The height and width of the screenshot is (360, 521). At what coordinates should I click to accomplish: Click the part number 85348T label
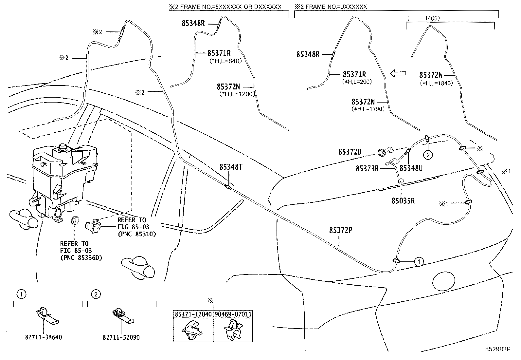coord(231,167)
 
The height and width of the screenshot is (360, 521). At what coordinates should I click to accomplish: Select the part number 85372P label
coord(341,230)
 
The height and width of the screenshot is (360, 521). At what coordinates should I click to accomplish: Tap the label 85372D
coord(350,152)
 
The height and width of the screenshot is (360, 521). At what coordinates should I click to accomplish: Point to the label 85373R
coord(367,169)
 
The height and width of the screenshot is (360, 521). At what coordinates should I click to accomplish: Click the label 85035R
coord(403,201)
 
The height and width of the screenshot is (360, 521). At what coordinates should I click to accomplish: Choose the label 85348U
coord(411,168)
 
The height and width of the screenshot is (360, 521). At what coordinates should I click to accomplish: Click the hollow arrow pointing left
coord(398,74)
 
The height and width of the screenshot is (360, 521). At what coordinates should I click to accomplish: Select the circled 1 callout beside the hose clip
coord(418,261)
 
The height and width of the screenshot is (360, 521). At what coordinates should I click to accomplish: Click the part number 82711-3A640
coord(43,337)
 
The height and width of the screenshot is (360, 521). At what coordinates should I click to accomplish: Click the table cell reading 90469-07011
coord(233,314)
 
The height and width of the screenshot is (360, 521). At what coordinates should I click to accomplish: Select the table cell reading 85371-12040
coord(193,314)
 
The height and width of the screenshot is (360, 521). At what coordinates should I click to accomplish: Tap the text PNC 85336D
coord(81,258)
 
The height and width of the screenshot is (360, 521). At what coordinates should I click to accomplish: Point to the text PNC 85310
coord(137,234)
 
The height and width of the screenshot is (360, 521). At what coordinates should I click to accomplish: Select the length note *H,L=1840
coord(436,83)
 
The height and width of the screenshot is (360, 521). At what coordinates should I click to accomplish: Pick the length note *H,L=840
coord(225,61)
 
